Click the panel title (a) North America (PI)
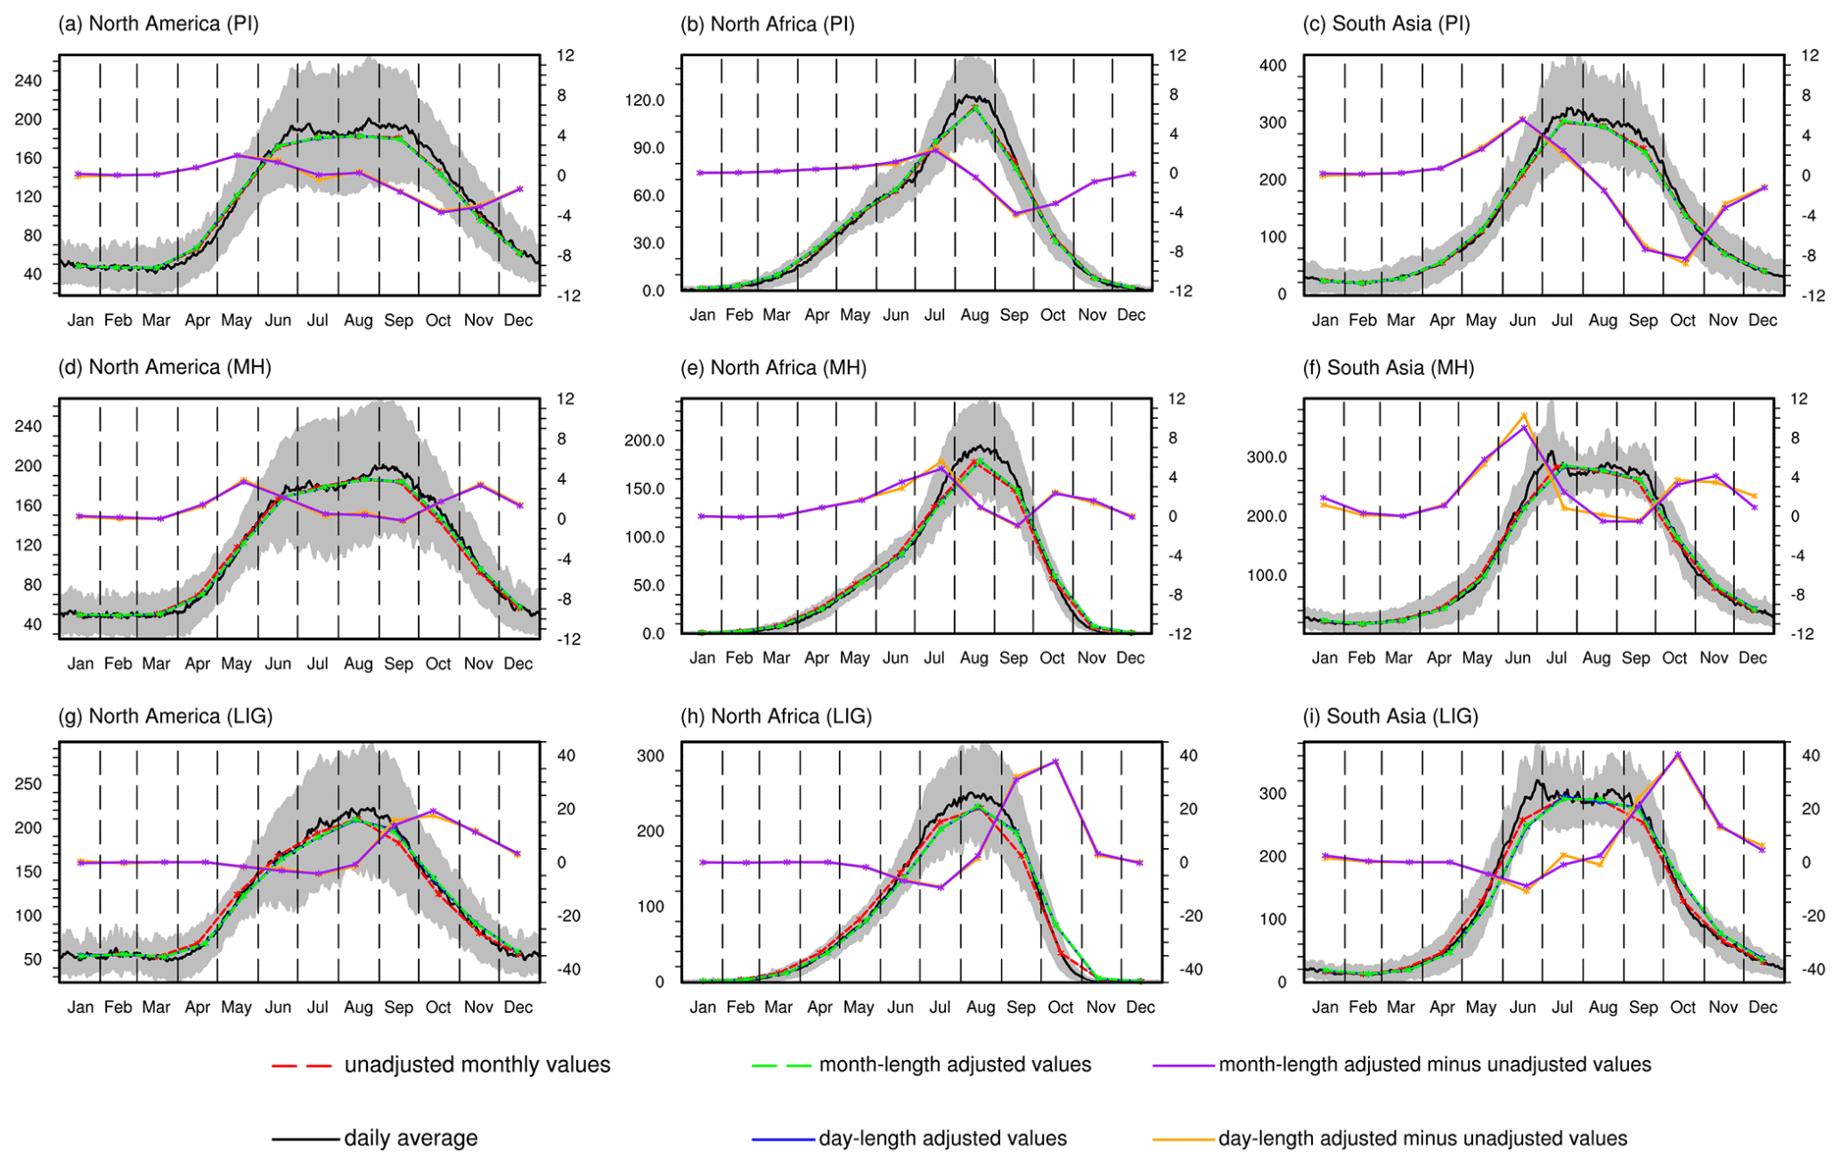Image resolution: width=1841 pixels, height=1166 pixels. tap(159, 24)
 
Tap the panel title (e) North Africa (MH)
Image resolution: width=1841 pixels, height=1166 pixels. tap(773, 367)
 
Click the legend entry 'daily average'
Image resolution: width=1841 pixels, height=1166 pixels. tap(411, 1137)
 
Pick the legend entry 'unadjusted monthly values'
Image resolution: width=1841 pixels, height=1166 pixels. tap(477, 1064)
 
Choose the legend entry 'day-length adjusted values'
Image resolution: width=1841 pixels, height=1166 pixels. tap(942, 1137)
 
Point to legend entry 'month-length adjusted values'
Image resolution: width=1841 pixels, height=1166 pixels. tap(955, 1064)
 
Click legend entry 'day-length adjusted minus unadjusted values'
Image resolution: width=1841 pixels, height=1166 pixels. tap(1422, 1137)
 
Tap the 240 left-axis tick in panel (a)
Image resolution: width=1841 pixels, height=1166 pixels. tap(29, 81)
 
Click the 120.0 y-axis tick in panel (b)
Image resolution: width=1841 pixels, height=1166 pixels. tap(645, 101)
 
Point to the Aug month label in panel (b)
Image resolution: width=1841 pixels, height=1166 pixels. tap(974, 314)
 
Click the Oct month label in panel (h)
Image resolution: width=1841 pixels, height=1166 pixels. tap(1061, 1007)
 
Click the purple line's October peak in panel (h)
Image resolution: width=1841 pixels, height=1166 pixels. tap(1055, 761)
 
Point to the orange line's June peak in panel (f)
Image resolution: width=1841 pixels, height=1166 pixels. tap(1524, 415)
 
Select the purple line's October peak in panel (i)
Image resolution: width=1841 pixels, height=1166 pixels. tap(1677, 754)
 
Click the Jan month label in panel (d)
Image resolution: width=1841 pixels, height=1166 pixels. tap(80, 664)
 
